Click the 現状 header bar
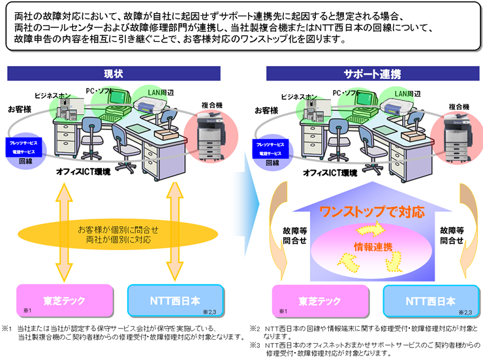click(114, 73)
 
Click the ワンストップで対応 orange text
click(371, 212)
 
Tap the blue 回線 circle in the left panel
click(25, 147)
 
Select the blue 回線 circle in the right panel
click(274, 147)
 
